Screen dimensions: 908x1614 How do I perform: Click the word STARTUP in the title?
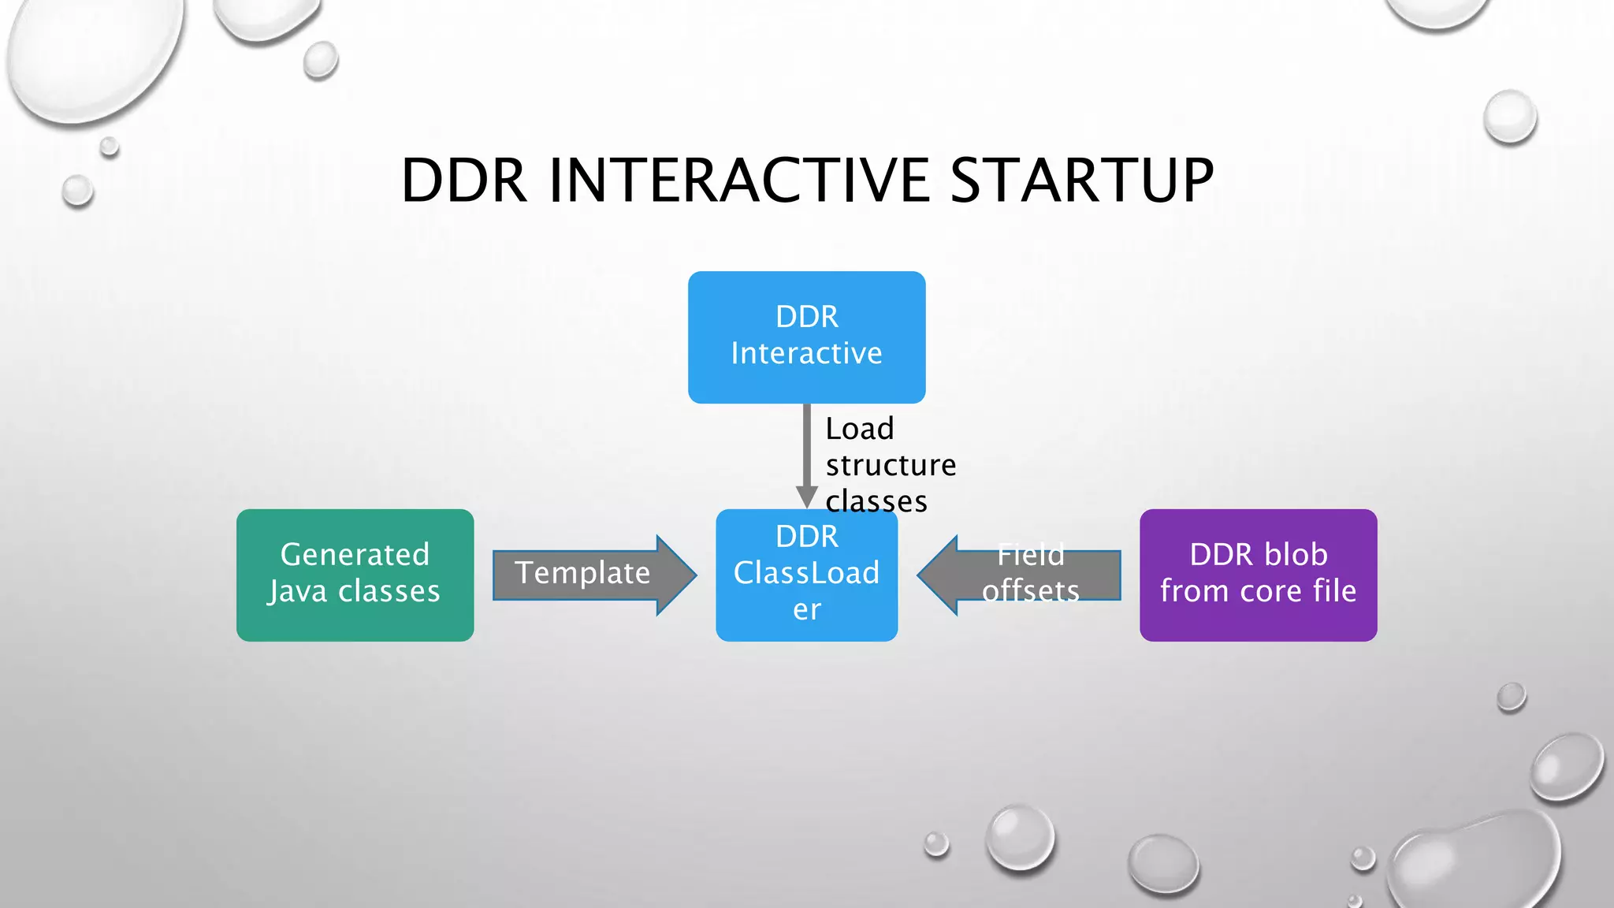click(x=1081, y=181)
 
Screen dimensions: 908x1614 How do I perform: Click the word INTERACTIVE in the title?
click(x=739, y=181)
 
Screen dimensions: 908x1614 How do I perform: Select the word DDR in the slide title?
click(x=463, y=181)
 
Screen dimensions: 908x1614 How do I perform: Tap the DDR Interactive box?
click(x=806, y=337)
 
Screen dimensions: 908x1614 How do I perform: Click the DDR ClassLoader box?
click(x=806, y=575)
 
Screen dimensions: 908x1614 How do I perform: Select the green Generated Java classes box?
click(x=355, y=575)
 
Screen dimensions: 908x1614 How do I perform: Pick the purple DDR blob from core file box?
click(x=1258, y=575)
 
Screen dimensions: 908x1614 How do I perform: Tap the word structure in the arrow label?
click(x=891, y=465)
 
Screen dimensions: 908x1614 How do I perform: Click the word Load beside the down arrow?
click(x=859, y=429)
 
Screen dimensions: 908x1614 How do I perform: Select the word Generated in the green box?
click(x=355, y=555)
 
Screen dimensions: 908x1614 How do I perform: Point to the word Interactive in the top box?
click(x=806, y=353)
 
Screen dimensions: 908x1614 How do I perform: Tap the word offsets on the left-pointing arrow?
click(x=1030, y=591)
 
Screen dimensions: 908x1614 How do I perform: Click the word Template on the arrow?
click(x=582, y=573)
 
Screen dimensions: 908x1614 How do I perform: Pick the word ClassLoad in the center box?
click(x=806, y=573)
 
